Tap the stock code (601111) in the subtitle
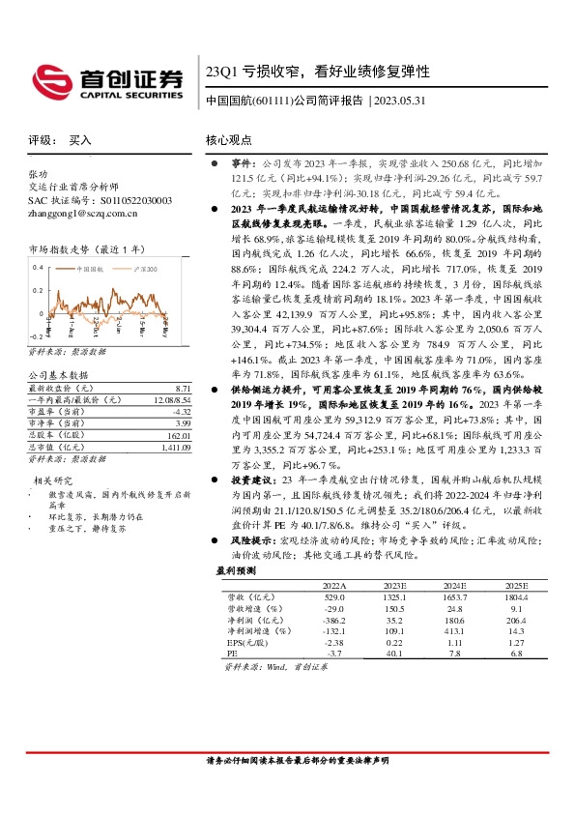(x=273, y=100)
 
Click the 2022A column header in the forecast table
(x=331, y=586)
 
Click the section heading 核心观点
(x=229, y=140)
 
